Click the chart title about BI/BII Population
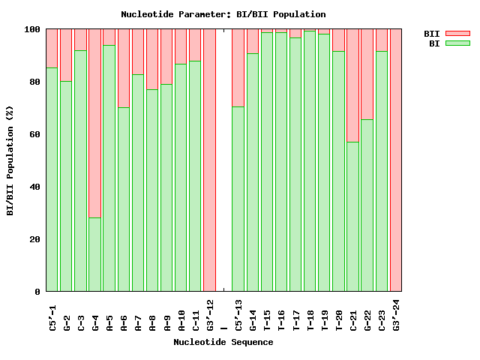click(x=223, y=14)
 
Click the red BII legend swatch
click(x=457, y=34)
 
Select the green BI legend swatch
click(x=457, y=43)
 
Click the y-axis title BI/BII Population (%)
click(x=10, y=160)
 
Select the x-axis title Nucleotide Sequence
click(x=223, y=342)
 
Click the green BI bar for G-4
click(x=95, y=254)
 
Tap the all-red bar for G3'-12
click(x=209, y=160)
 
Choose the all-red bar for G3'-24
click(x=396, y=160)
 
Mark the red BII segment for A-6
click(x=124, y=68)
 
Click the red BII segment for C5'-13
click(x=238, y=67)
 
